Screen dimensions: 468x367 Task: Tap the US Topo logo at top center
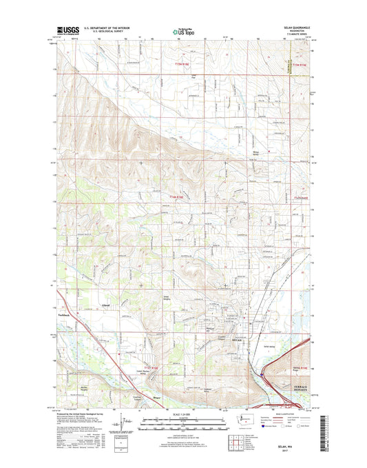(183, 31)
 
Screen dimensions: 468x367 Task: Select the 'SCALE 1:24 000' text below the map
(182, 414)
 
